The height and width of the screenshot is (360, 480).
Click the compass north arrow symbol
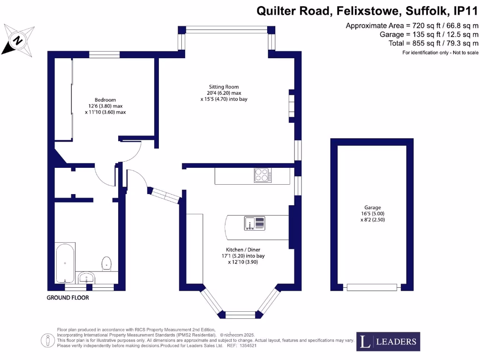(17, 40)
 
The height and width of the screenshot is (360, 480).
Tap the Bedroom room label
(105, 100)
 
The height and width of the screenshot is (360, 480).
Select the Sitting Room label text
(224, 87)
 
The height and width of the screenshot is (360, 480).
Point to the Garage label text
(373, 207)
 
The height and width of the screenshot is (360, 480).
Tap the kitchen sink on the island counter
(255, 223)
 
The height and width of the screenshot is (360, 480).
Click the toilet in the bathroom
(106, 263)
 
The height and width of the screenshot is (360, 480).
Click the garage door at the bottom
(372, 287)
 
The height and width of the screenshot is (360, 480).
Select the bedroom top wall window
(104, 54)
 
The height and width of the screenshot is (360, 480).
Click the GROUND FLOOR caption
(68, 298)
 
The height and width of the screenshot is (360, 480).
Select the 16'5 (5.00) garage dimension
(373, 213)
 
